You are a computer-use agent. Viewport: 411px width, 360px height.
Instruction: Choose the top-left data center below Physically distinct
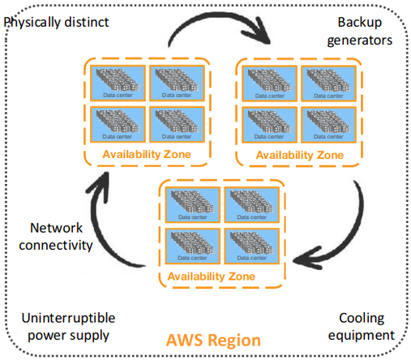(x=117, y=81)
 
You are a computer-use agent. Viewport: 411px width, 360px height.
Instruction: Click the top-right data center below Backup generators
(x=328, y=81)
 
